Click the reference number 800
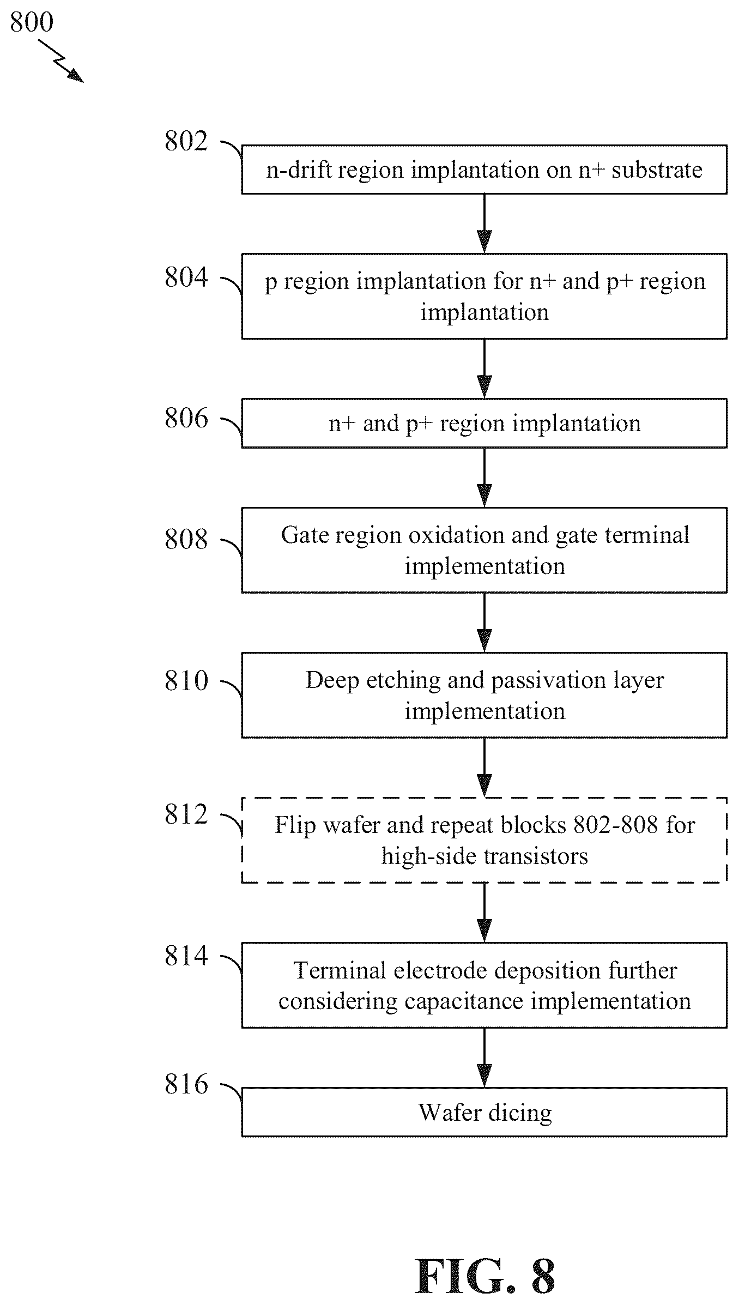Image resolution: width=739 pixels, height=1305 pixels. coord(32,22)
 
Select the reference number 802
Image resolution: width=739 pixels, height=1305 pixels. coord(186,141)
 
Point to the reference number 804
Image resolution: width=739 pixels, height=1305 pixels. coord(186,277)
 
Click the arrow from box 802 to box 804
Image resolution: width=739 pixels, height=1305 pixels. coord(484,223)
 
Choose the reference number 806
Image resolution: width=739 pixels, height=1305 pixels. coord(186,419)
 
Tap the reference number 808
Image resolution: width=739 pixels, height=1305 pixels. coord(186,540)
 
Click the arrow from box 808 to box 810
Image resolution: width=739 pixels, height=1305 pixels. coord(484,623)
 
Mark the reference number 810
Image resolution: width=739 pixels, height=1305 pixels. coord(186,681)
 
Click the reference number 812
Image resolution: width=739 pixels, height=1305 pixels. coord(186,815)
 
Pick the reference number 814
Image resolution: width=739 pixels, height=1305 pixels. coord(186,956)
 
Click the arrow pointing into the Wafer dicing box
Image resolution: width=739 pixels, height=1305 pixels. coord(484,1058)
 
